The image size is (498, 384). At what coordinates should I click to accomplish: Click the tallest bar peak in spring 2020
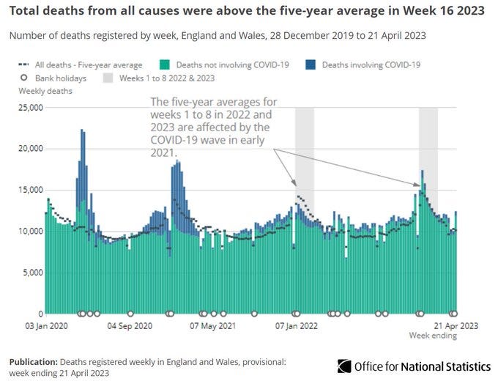pos(82,130)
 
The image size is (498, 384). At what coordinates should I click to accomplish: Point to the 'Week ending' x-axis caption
pos(432,336)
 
